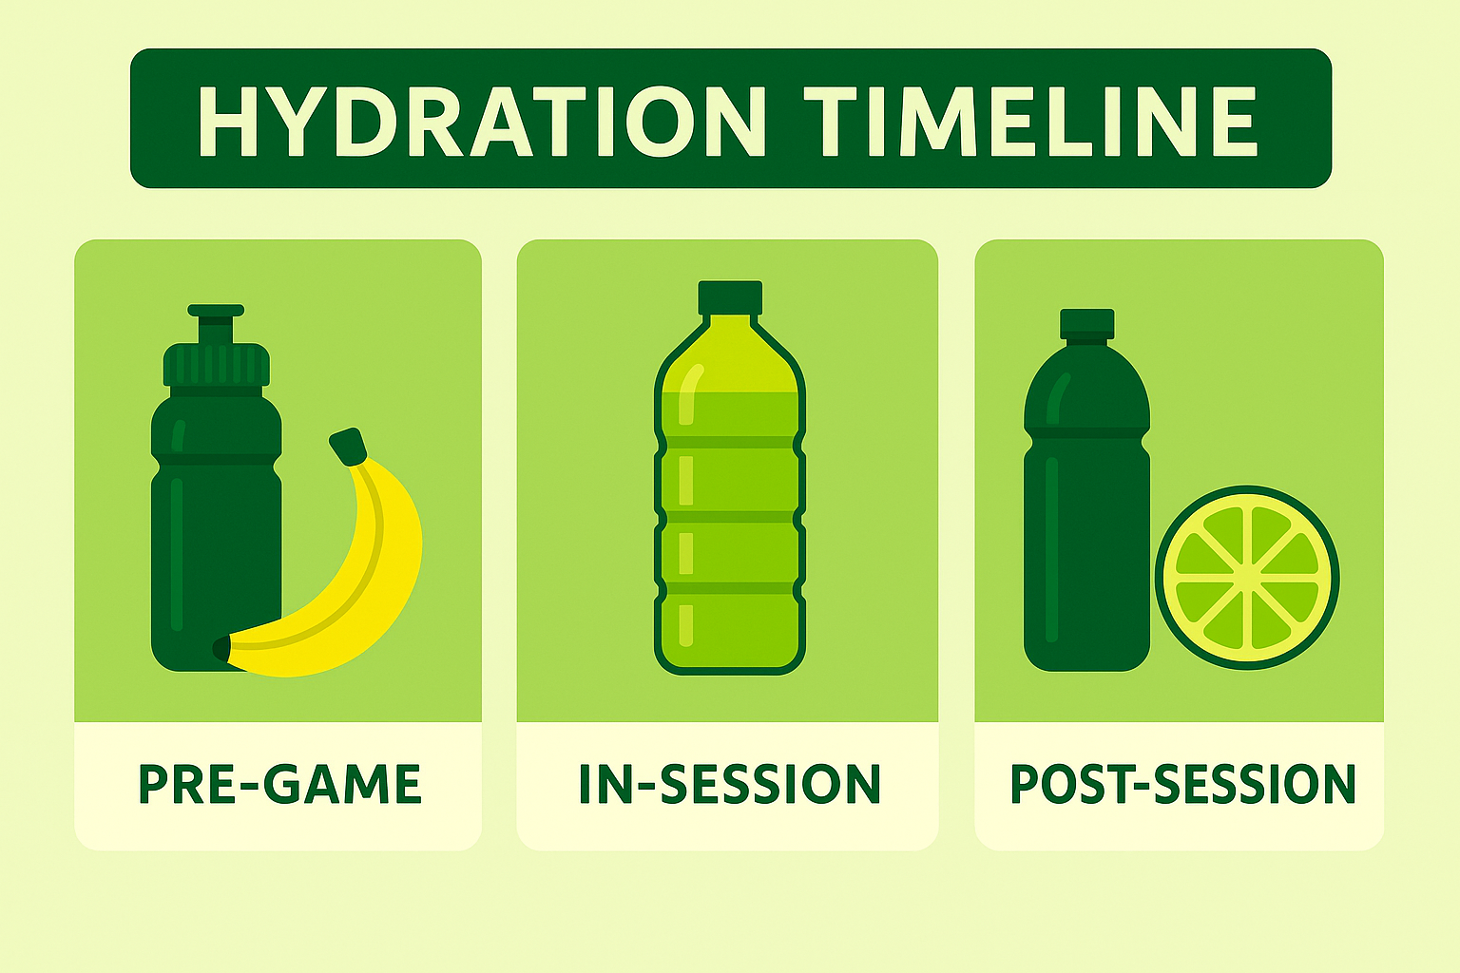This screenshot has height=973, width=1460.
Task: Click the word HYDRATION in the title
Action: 481,122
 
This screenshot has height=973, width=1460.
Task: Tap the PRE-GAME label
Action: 279,785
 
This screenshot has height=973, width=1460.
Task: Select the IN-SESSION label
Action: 729,785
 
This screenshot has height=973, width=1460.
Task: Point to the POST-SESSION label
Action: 1181,785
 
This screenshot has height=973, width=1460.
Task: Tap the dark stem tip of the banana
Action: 348,446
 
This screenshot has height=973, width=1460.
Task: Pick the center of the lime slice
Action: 1247,578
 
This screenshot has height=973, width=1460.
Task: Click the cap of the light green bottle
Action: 730,297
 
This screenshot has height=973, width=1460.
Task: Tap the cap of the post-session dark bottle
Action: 1086,323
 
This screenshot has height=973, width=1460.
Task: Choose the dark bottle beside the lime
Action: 1085,532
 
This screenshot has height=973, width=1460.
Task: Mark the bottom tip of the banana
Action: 221,649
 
